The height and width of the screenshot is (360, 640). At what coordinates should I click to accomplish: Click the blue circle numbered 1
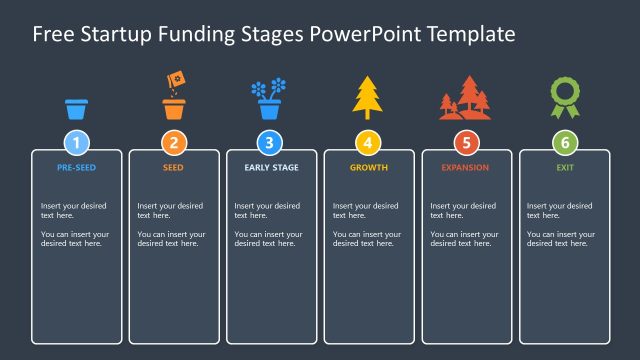click(x=77, y=142)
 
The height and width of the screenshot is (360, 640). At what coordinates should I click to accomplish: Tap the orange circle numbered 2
click(x=174, y=142)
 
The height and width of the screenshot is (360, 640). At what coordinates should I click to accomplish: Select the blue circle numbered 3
click(x=271, y=142)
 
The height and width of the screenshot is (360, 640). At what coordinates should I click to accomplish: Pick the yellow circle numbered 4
click(x=368, y=142)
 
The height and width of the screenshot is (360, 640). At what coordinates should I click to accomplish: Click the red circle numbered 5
click(x=466, y=142)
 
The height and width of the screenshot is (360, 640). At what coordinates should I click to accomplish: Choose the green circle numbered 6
click(x=564, y=142)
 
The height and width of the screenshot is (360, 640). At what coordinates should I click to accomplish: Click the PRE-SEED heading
click(x=77, y=168)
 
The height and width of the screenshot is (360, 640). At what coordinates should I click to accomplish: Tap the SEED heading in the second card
click(x=174, y=168)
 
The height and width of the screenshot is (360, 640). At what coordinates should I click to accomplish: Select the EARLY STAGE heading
click(x=271, y=168)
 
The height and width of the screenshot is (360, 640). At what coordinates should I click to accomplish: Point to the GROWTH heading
click(x=368, y=168)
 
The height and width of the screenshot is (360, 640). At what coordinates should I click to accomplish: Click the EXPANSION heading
click(x=466, y=168)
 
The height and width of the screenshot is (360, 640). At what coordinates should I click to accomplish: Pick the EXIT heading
click(x=564, y=168)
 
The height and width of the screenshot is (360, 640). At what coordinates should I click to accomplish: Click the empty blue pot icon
click(x=77, y=108)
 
